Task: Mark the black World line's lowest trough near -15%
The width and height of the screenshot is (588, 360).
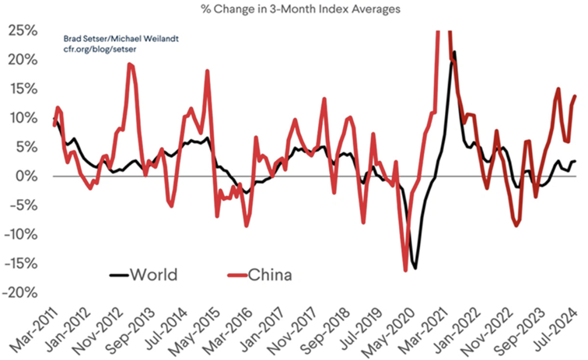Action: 415,268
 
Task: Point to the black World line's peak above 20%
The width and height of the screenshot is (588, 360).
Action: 454,53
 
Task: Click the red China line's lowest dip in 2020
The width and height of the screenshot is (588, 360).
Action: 405,271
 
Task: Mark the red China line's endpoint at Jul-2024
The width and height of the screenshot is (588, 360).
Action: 575,96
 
